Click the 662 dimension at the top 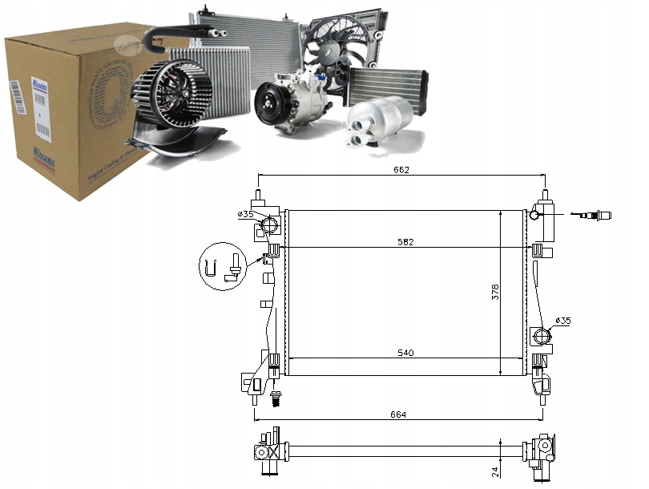point(401,170)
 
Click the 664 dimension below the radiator point(399,414)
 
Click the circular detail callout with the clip point(222,268)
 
